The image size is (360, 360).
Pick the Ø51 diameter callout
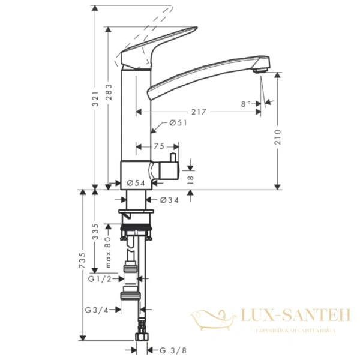coord(174,124)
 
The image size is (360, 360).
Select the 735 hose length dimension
coord(83,259)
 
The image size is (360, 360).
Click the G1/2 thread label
coord(100,278)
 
